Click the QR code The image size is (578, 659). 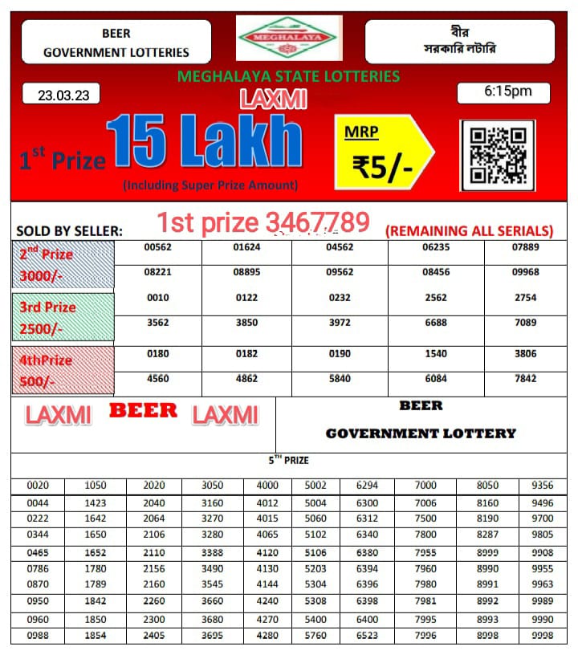tap(497, 155)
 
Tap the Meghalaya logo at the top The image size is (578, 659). tap(288, 38)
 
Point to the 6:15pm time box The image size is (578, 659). tap(503, 92)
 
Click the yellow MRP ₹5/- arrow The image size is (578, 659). tap(384, 152)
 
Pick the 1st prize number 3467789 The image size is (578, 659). tap(263, 222)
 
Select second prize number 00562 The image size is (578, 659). tap(158, 247)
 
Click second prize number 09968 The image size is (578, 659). tap(525, 272)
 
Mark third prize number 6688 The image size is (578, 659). tap(436, 323)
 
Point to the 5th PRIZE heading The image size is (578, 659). tap(288, 460)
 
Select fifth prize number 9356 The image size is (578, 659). tap(542, 486)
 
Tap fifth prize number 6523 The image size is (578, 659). tap(367, 635)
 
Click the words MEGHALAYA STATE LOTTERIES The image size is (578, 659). tap(288, 76)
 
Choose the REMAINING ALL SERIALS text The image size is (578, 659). tap(470, 231)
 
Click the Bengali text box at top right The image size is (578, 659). tap(459, 41)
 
